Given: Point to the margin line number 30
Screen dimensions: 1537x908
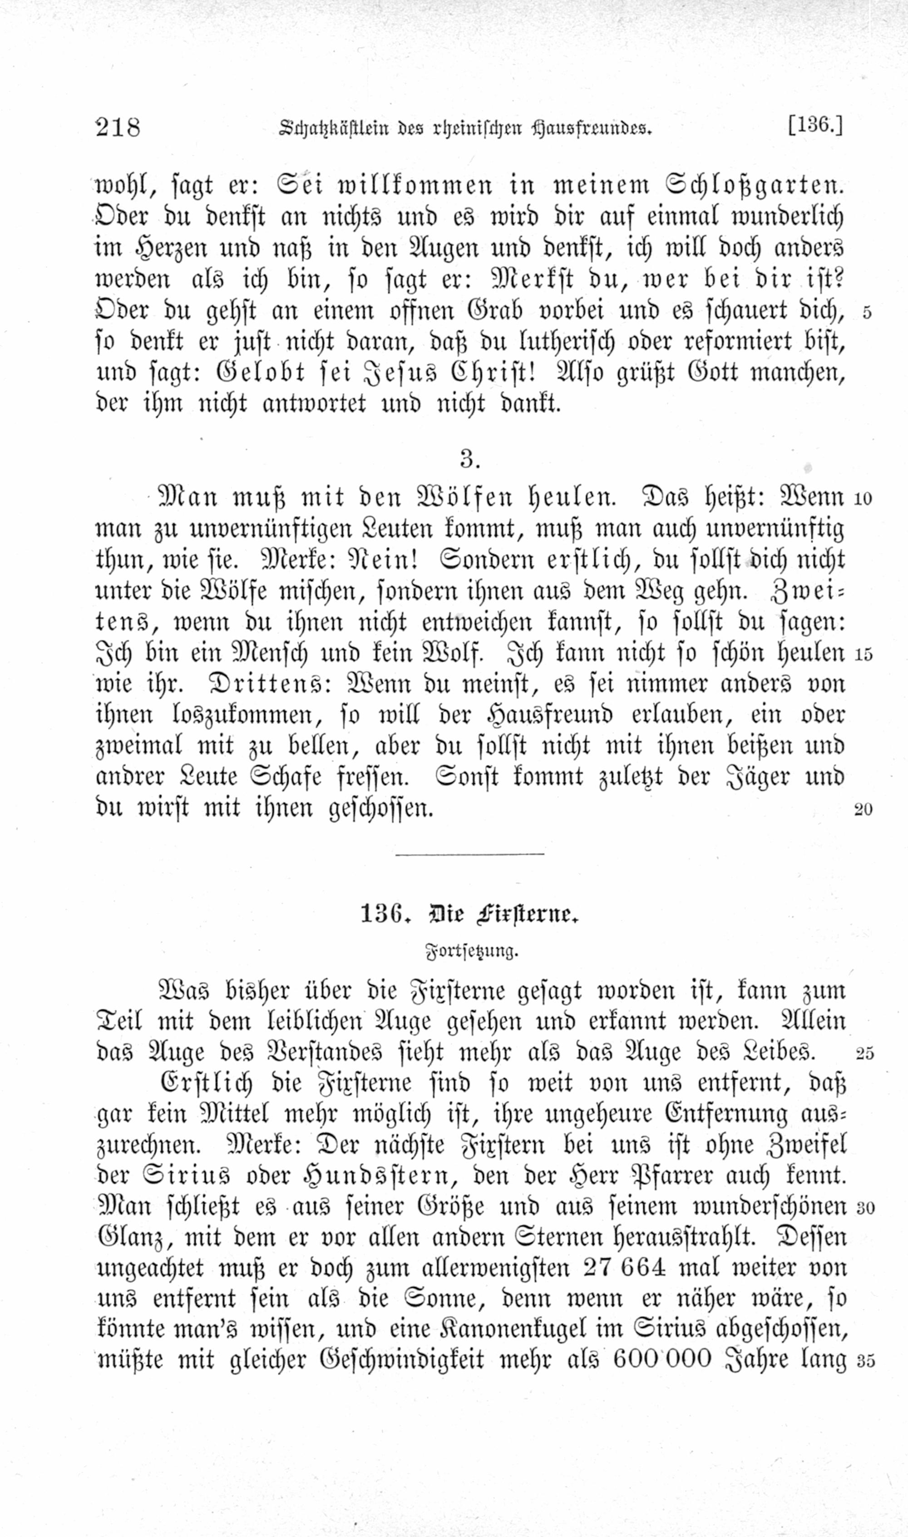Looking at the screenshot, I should tap(865, 1208).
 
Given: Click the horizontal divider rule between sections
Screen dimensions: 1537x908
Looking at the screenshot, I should tap(469, 854).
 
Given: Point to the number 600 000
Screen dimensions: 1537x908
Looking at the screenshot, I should tap(662, 1360).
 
